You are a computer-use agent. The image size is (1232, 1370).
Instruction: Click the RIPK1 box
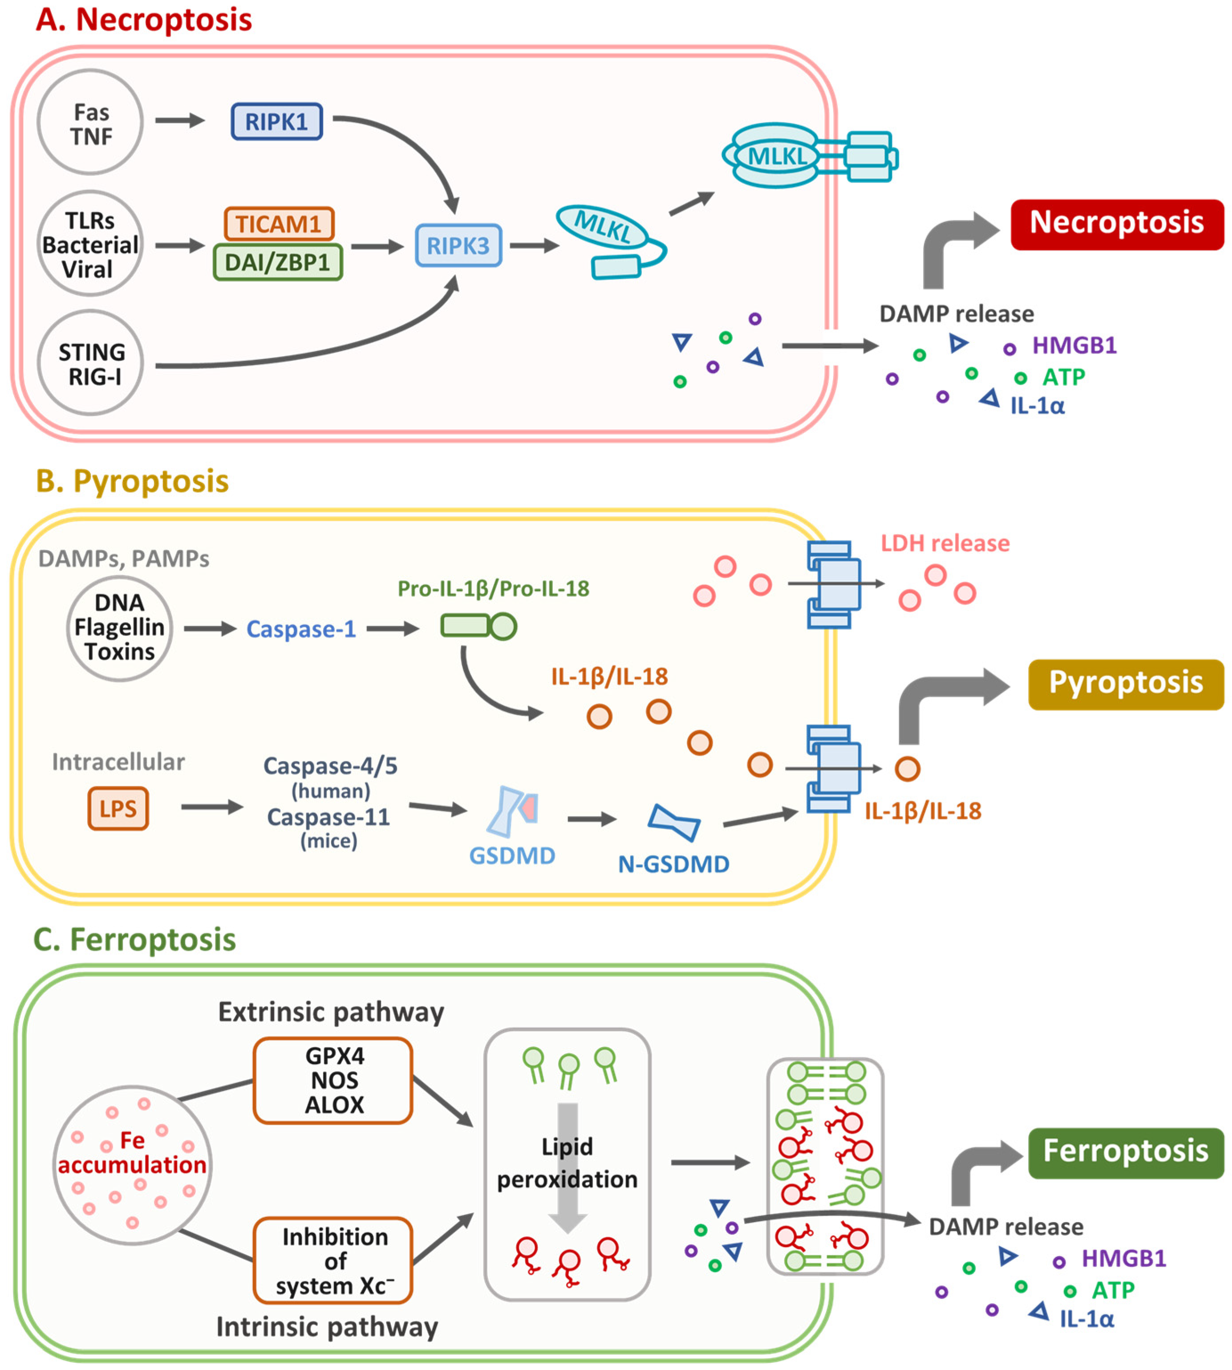tap(276, 122)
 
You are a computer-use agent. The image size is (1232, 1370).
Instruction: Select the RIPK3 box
tap(458, 245)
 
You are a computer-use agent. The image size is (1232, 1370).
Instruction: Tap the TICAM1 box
tap(279, 224)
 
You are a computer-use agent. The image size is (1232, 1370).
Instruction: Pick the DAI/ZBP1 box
tap(278, 262)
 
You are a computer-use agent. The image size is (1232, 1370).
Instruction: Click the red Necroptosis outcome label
tap(1116, 224)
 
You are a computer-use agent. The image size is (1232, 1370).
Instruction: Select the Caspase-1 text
tap(301, 629)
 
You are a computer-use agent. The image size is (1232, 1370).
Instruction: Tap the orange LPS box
tap(118, 809)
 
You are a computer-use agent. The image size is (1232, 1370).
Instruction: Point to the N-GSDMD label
tap(673, 864)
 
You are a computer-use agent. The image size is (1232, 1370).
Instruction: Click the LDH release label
tap(944, 543)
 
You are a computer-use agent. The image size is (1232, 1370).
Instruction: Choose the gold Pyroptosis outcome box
tap(1125, 684)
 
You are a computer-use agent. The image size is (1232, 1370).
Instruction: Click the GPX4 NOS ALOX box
tap(334, 1080)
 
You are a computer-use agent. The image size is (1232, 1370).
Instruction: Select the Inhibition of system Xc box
tap(334, 1260)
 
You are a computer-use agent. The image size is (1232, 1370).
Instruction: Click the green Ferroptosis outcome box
tap(1125, 1152)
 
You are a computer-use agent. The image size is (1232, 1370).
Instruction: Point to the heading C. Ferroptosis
tap(135, 940)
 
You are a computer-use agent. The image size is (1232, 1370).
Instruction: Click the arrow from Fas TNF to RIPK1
tap(179, 121)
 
